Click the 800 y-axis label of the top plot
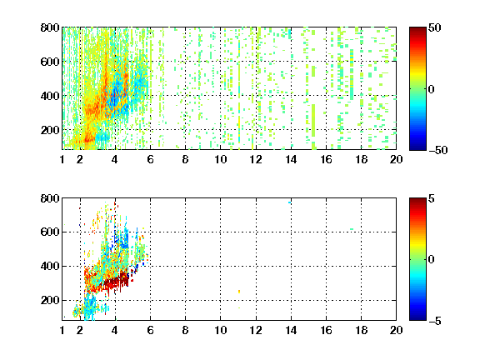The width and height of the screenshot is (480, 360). pos(50,27)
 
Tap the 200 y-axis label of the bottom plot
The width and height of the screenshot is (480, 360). pos(50,300)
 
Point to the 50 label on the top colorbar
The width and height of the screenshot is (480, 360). pos(435,27)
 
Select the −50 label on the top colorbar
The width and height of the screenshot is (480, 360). pos(438,150)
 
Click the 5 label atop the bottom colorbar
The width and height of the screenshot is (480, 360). pos(432,198)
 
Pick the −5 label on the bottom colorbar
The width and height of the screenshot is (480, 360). pos(435,321)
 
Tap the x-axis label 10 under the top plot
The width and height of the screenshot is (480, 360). pos(220,159)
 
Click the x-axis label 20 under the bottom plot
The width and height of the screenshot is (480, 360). pos(396,330)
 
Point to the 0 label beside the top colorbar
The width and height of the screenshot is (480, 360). pos(432,89)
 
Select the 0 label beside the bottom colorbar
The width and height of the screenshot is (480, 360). pos(432,260)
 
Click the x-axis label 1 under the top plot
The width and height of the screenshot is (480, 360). pos(62,159)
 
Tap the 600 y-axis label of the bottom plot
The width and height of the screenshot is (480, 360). pos(50,232)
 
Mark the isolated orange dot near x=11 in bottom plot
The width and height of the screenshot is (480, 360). pos(239,292)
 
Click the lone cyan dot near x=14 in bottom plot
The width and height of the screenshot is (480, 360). pos(290,202)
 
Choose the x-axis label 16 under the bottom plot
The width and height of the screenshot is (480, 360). pos(326,330)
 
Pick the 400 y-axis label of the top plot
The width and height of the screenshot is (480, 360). pos(50,96)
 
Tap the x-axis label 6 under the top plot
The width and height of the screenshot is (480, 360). pos(150,159)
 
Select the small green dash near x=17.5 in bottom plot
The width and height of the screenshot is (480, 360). pos(352,229)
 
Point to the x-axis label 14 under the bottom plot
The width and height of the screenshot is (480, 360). pos(291,330)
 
